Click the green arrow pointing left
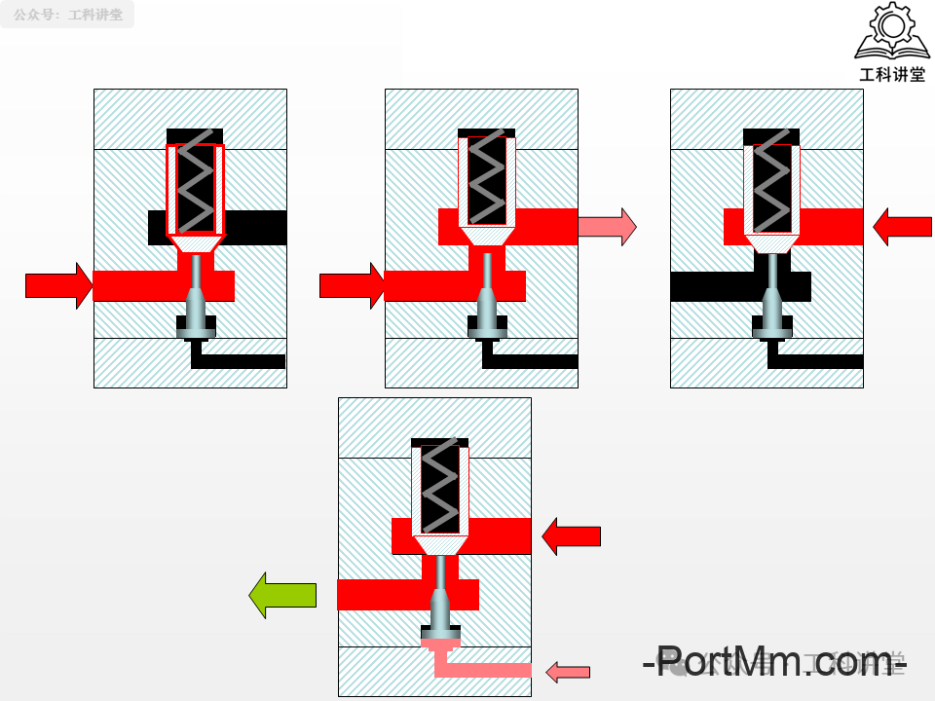(283, 595)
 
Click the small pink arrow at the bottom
(569, 672)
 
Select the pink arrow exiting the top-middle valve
(607, 227)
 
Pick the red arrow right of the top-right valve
(902, 226)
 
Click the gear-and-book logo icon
(891, 33)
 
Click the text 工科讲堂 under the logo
(891, 75)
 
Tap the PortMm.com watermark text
(774, 664)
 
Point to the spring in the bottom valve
(440, 485)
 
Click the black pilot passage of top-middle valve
(531, 361)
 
